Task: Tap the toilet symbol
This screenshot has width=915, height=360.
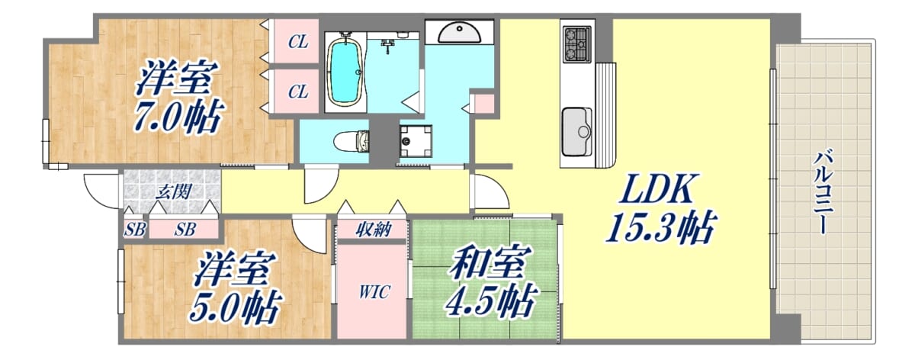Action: [352, 141]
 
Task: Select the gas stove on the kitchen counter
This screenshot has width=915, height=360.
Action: [576, 44]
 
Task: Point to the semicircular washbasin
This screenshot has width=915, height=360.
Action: [460, 32]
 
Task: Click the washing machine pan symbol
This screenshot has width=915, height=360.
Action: [416, 141]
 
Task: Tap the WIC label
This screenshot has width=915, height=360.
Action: [374, 292]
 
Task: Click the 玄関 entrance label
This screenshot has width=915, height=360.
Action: [174, 191]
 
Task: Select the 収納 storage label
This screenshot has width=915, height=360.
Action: [374, 230]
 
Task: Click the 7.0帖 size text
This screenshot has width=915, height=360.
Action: [180, 116]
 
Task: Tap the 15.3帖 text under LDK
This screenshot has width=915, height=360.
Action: [661, 227]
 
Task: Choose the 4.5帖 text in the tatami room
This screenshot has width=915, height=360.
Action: [490, 301]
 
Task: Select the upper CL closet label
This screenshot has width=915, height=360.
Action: [298, 42]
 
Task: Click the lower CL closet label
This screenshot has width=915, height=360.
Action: [298, 92]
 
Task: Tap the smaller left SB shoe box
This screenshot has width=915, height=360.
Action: [134, 230]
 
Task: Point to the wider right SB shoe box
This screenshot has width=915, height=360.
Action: [185, 230]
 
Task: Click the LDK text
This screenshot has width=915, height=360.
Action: [657, 189]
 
